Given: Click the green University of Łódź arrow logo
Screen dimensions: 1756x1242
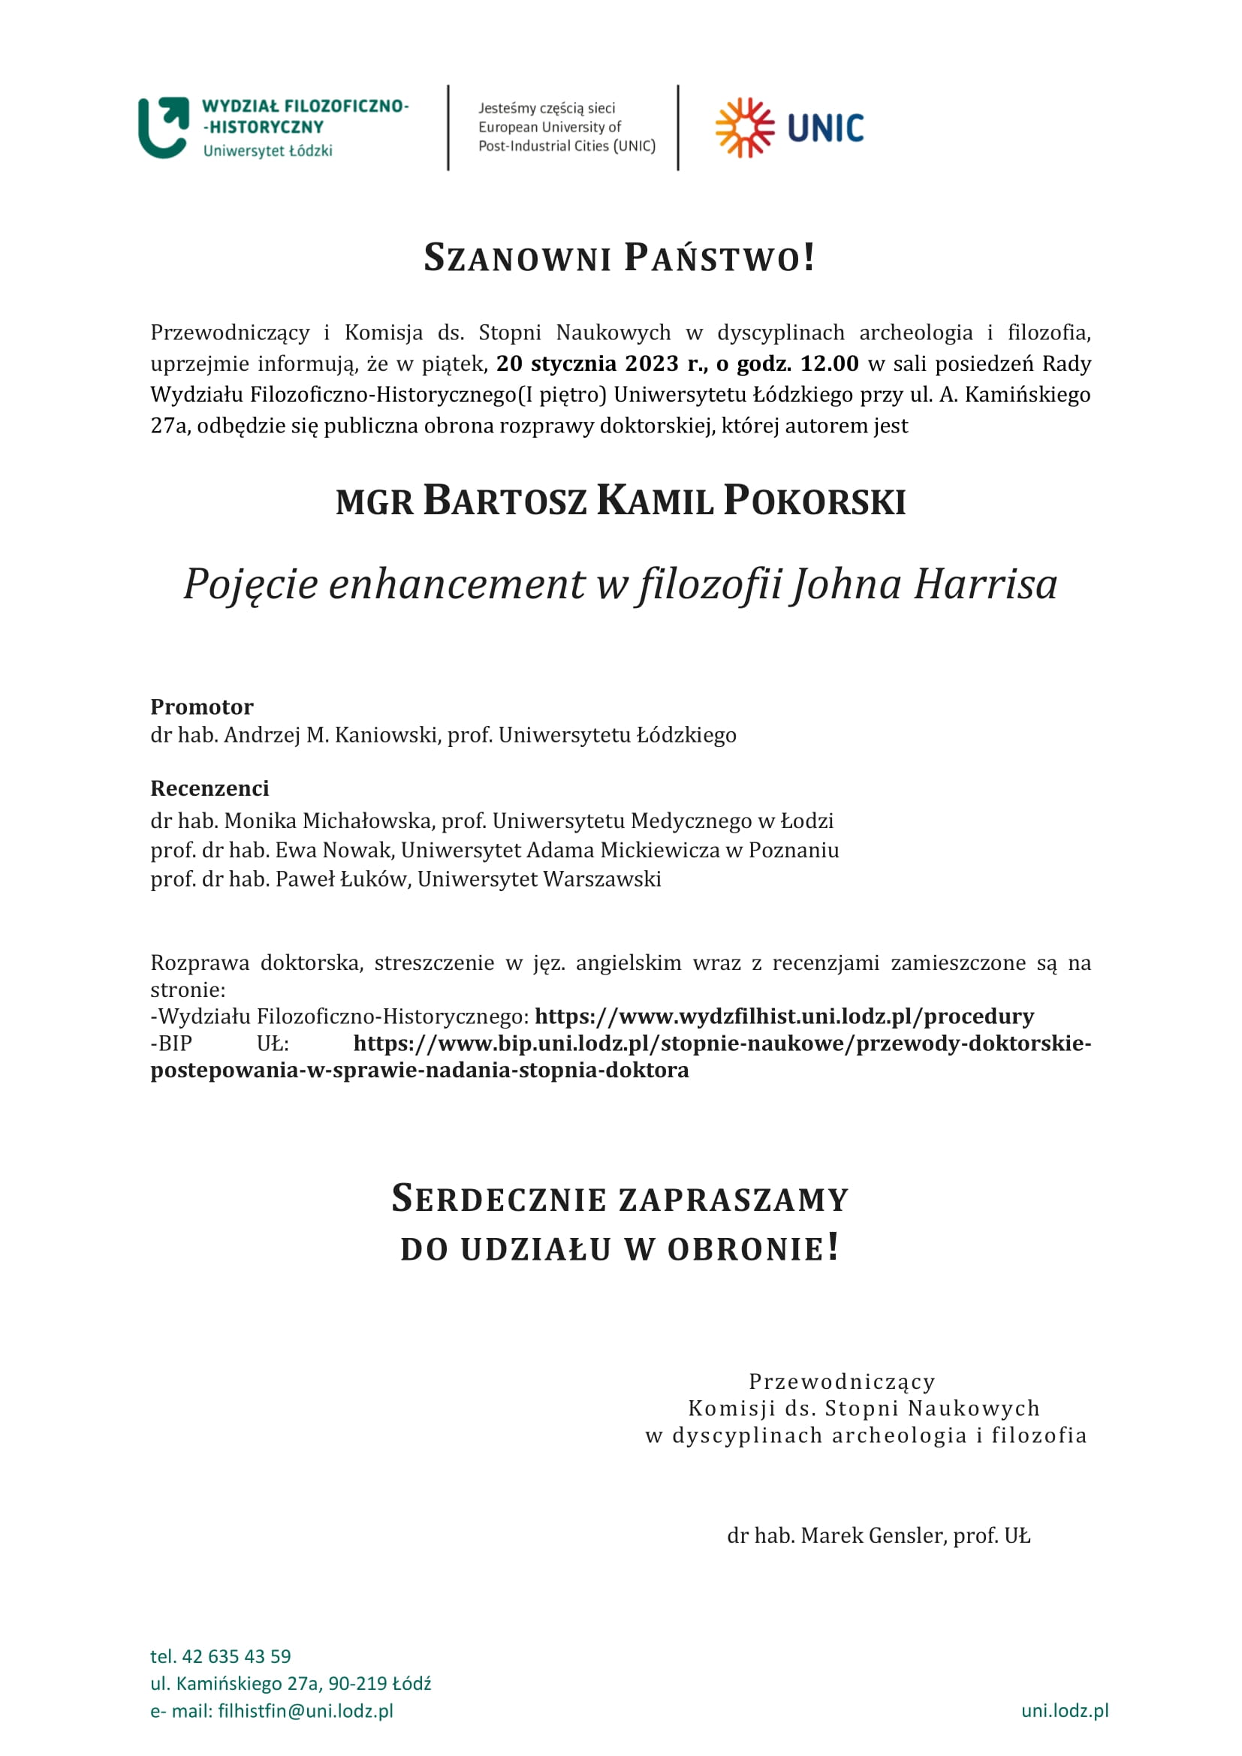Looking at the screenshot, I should (163, 127).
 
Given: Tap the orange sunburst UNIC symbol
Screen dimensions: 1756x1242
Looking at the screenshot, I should (744, 128).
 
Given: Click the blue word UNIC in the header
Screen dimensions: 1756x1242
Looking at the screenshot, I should (825, 128).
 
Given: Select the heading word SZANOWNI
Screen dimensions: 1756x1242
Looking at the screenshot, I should (517, 258).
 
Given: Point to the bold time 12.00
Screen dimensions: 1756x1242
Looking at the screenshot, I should (829, 363).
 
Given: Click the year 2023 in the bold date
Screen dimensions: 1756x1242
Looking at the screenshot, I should (651, 363).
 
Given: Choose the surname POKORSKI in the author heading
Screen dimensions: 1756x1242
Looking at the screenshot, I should (815, 501).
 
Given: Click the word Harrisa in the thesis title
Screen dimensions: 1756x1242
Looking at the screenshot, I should (986, 584).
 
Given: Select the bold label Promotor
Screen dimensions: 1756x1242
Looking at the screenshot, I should (202, 706).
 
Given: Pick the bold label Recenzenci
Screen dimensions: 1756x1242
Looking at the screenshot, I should (210, 788).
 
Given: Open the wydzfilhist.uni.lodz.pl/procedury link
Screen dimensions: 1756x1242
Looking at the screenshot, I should (784, 1017).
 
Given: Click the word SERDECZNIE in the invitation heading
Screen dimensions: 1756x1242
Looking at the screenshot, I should (499, 1199).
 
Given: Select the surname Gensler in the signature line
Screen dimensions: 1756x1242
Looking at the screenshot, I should (906, 1536).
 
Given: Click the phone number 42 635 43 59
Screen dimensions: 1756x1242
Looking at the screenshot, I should (237, 1657).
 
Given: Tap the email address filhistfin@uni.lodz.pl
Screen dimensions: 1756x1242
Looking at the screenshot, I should (305, 1711).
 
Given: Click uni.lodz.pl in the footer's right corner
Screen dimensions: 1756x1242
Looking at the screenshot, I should (1065, 1711).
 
